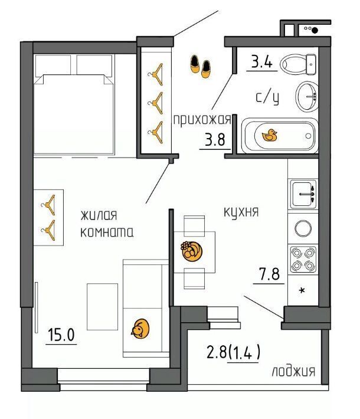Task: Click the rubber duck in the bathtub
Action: [x=269, y=135]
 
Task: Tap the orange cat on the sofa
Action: [x=140, y=329]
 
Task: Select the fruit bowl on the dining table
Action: [x=191, y=251]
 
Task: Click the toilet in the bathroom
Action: [x=298, y=64]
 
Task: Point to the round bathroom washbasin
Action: [x=307, y=96]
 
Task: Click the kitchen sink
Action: [x=303, y=194]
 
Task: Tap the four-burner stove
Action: [x=303, y=259]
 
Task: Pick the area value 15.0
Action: [x=61, y=335]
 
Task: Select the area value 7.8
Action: [x=269, y=274]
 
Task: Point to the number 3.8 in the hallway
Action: [x=215, y=139]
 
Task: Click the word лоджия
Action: [x=293, y=371]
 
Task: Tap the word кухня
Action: [x=241, y=212]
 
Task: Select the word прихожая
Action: [x=202, y=120]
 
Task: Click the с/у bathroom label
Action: [x=267, y=97]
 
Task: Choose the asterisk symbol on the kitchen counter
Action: [x=302, y=290]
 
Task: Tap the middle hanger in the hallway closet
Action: [x=156, y=103]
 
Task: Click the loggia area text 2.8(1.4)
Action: [x=233, y=352]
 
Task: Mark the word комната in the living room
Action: [x=107, y=232]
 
